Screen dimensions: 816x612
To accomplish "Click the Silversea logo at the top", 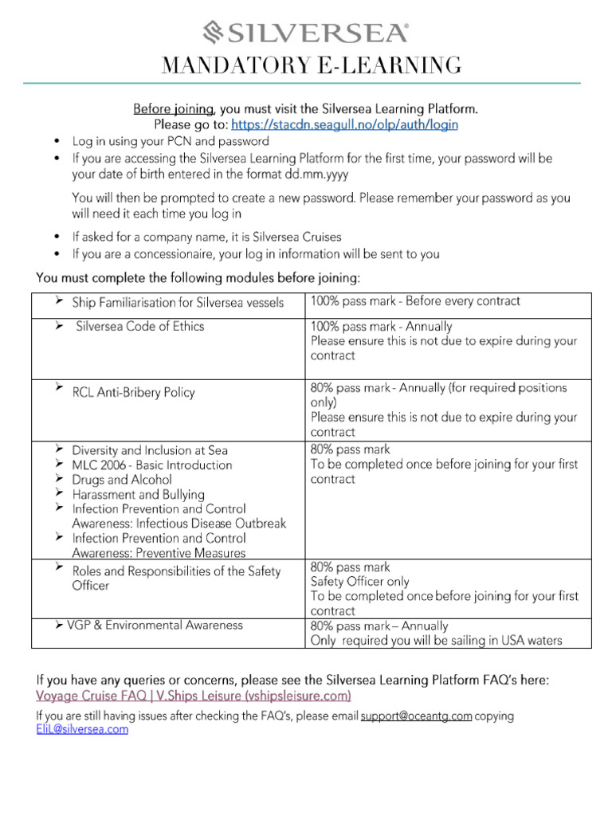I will click(306, 32).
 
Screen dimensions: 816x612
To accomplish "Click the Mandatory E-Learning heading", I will click(311, 65).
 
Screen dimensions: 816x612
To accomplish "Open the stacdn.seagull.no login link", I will click(344, 125).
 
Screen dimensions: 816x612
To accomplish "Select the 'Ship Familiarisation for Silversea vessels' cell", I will click(177, 303).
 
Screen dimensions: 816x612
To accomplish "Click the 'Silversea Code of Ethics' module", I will click(139, 326).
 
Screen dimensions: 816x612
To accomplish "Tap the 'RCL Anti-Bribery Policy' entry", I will click(133, 392).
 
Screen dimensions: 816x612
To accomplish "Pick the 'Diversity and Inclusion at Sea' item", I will click(150, 450).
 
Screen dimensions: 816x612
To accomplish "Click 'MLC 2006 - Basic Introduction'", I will click(152, 465).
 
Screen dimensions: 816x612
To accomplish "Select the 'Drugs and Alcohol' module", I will click(121, 480).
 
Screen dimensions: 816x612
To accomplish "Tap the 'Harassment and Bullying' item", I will click(138, 495).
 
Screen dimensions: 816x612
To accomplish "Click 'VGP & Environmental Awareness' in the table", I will click(156, 626).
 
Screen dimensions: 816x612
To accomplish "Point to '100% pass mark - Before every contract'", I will click(414, 301).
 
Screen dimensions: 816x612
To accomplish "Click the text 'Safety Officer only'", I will click(359, 582).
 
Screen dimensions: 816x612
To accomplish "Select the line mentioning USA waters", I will click(436, 641).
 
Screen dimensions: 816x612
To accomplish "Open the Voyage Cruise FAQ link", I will click(193, 696).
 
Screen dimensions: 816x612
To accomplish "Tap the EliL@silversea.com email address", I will click(82, 729).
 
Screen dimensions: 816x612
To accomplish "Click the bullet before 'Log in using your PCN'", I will click(56, 141).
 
